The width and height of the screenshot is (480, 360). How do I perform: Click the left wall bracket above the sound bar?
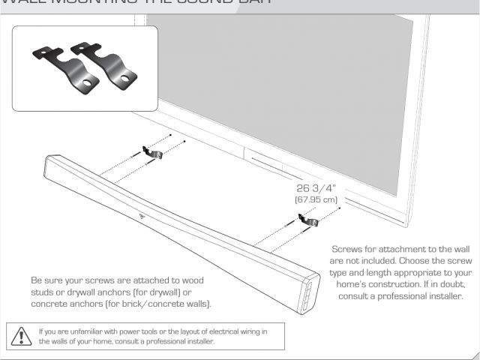click(x=154, y=152)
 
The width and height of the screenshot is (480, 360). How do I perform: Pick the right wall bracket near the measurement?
click(x=307, y=220)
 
